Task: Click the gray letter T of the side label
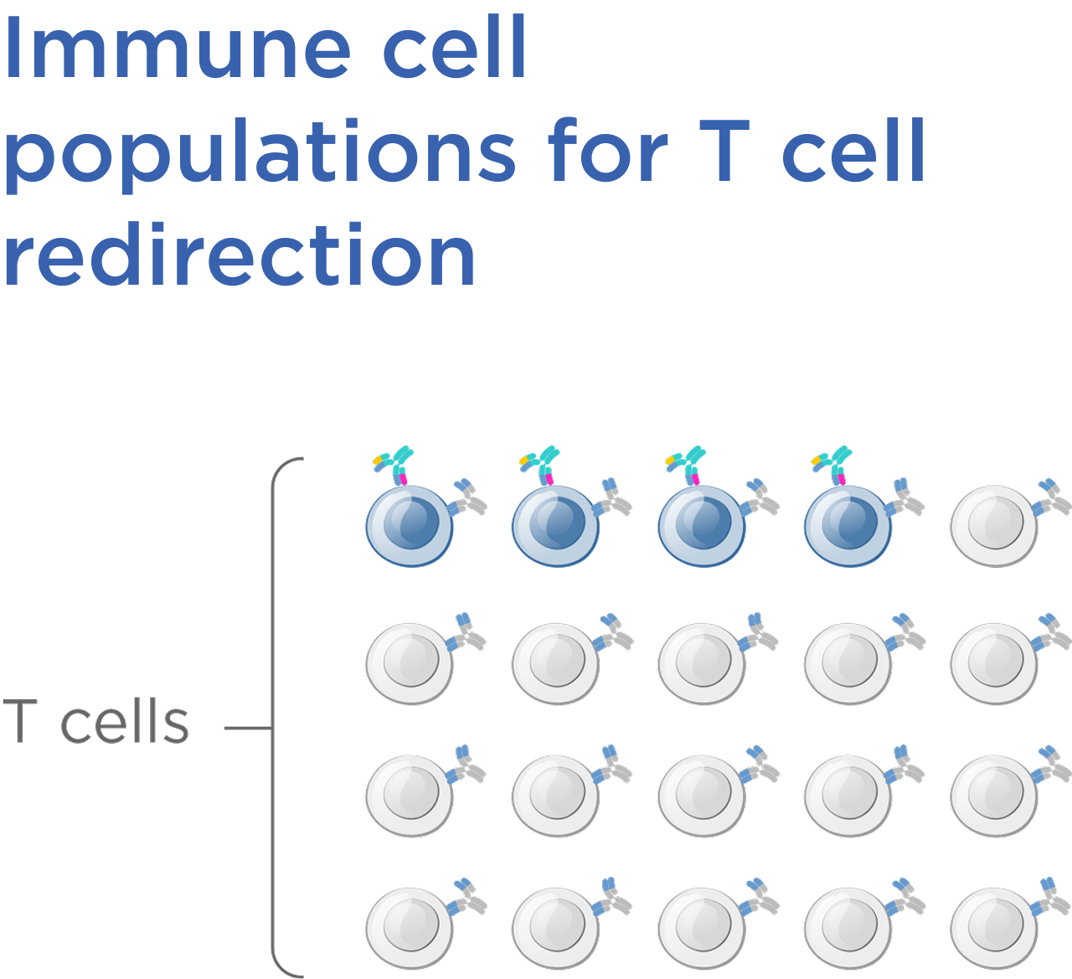click(x=19, y=722)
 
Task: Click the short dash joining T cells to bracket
click(x=246, y=728)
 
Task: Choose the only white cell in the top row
click(x=993, y=525)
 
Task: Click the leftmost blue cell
click(x=410, y=525)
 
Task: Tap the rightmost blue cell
click(x=847, y=525)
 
